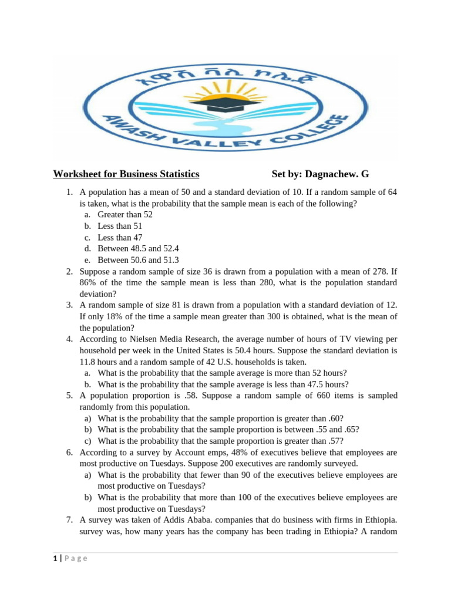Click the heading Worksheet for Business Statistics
coord(126,174)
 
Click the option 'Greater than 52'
coord(126,215)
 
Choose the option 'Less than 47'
coord(120,238)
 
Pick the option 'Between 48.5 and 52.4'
coord(138,249)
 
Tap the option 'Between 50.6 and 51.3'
coord(138,260)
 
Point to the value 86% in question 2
coord(89,283)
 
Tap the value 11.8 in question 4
coord(88,362)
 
